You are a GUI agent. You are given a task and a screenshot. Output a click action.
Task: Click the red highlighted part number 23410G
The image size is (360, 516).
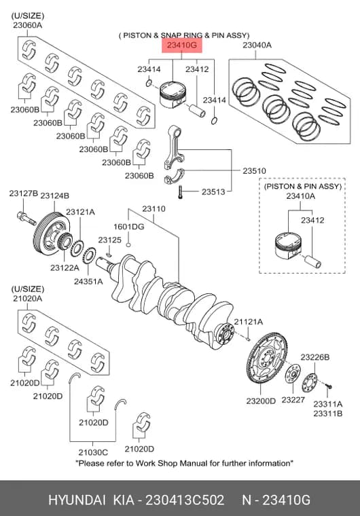pyautogui.click(x=181, y=45)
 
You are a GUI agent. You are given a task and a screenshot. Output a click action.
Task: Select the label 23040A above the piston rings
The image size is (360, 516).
pyautogui.click(x=257, y=45)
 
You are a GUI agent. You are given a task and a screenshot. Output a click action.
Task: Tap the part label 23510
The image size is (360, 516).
pyautogui.click(x=254, y=171)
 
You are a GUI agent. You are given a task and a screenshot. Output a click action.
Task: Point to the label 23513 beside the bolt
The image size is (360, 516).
pyautogui.click(x=213, y=191)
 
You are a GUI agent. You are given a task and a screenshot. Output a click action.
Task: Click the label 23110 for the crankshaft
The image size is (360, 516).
pyautogui.click(x=154, y=208)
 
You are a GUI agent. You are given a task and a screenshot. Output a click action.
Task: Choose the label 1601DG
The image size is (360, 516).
pyautogui.click(x=129, y=226)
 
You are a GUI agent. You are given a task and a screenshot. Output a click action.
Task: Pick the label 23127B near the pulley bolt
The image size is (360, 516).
pyautogui.click(x=23, y=193)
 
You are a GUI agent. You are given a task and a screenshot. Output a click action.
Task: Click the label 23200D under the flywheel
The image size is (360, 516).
pyautogui.click(x=261, y=401)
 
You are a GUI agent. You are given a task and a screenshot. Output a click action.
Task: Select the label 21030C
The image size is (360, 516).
pyautogui.click(x=93, y=452)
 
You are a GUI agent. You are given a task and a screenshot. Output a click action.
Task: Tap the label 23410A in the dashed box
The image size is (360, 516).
pyautogui.click(x=300, y=196)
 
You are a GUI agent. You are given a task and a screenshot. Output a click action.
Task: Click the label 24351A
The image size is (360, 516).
pyautogui.click(x=88, y=281)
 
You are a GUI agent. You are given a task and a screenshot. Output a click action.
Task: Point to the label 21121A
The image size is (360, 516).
pyautogui.click(x=249, y=322)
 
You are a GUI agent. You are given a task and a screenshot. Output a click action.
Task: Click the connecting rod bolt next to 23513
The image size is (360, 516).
pyautogui.click(x=180, y=192)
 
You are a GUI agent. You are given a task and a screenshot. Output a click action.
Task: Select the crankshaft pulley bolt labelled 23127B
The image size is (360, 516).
pyautogui.click(x=26, y=218)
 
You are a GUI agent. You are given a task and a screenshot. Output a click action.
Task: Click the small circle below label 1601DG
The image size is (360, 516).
pyautogui.click(x=129, y=244)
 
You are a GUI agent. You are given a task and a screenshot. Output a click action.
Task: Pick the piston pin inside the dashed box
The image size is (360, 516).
pyautogui.click(x=312, y=261)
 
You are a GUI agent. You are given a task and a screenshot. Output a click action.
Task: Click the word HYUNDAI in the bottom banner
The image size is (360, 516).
pyautogui.click(x=77, y=500)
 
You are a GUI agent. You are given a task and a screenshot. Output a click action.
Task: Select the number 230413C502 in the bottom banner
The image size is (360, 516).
pyautogui.click(x=185, y=500)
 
